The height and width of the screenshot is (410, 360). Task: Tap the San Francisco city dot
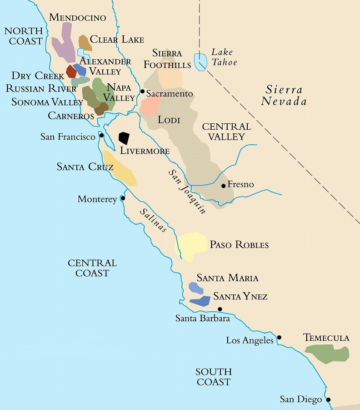[101, 135]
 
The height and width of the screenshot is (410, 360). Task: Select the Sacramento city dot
[142, 91]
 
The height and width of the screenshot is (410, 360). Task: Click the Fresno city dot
[223, 186]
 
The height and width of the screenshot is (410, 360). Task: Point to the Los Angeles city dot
[279, 337]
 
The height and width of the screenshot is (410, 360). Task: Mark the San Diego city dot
[328, 400]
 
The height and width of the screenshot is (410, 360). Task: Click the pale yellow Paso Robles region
[192, 246]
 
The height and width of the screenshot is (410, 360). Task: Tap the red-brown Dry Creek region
[71, 71]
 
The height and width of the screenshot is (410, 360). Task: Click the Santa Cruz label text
[85, 167]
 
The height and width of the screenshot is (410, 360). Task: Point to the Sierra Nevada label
[286, 95]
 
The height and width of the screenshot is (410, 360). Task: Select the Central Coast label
[92, 268]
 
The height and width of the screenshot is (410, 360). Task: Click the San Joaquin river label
[187, 192]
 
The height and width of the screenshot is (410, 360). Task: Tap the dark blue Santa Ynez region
[200, 300]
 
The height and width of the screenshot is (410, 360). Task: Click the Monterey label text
[97, 199]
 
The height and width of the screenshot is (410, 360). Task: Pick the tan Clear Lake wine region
[85, 42]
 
